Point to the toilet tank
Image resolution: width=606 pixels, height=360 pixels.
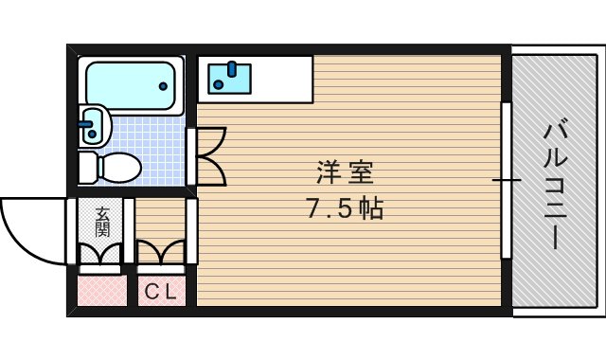[87, 168]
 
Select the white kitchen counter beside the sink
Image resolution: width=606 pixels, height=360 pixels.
[278, 79]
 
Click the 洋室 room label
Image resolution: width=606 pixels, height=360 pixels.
[345, 173]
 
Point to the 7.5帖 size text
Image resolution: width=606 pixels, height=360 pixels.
[345, 209]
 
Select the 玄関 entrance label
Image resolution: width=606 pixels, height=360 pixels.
[101, 222]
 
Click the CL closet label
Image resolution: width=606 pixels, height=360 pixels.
[159, 293]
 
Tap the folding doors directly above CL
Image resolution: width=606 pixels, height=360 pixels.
[160, 254]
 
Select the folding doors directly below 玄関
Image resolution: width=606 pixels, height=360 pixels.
[100, 254]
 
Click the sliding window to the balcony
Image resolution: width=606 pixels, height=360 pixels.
[507, 179]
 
